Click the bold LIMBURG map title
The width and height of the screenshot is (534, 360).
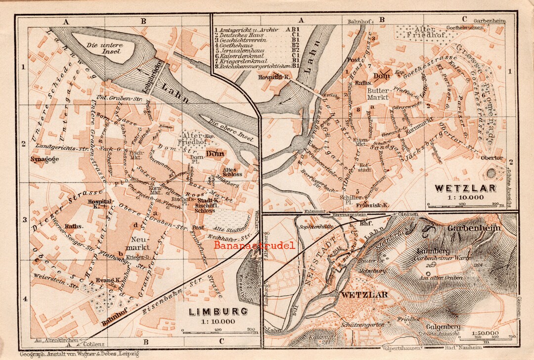tap(218, 312)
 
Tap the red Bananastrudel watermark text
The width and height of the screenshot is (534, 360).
tap(254, 245)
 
